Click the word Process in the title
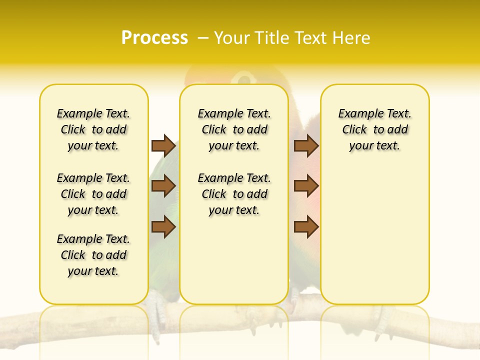coord(154,38)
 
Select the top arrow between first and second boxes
coord(163,146)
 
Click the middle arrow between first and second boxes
coord(163,186)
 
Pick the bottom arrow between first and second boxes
coord(163,227)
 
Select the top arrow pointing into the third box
coord(306,146)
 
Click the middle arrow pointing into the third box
coord(306,186)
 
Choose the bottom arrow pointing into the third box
coord(306,227)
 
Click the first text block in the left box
coord(93,129)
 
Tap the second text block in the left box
coord(93,194)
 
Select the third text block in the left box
coord(93,255)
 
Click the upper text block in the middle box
coord(234,129)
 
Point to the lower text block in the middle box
coord(234,194)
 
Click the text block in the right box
coord(374,129)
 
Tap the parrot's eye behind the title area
coord(243,78)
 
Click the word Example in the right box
coord(356,114)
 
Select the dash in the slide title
coord(203,38)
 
